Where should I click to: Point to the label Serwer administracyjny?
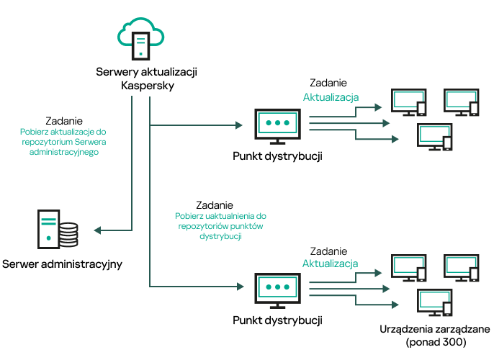coord(62,264)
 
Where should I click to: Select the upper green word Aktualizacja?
coord(331,97)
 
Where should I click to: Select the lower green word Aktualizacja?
coord(331,264)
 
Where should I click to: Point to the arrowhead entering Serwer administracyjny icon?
coord(98,230)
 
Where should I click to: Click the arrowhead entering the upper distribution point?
coord(238,125)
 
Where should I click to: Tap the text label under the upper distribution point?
coord(277,156)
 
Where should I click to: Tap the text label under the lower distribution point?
coord(277,318)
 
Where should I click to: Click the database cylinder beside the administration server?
coord(68,233)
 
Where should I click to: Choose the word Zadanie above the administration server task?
coord(63,121)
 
